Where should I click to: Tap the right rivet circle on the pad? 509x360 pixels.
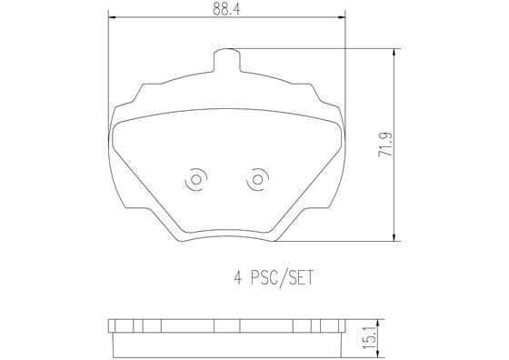tap(258, 181)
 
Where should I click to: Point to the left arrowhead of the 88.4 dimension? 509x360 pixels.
tap(112, 17)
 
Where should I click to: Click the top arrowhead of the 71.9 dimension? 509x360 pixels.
tap(394, 53)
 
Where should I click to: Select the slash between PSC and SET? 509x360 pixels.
tap(284, 277)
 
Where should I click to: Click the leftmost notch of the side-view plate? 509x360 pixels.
tap(116, 325)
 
